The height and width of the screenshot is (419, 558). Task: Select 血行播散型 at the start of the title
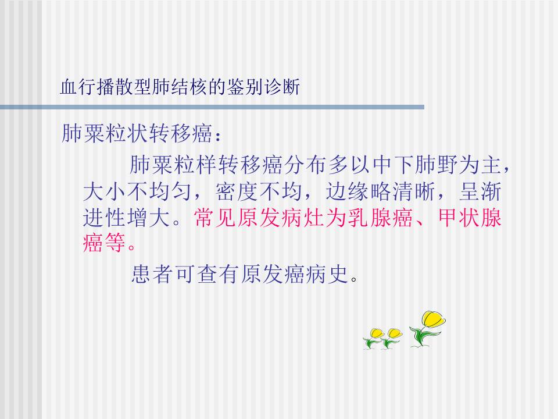[x=99, y=88]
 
